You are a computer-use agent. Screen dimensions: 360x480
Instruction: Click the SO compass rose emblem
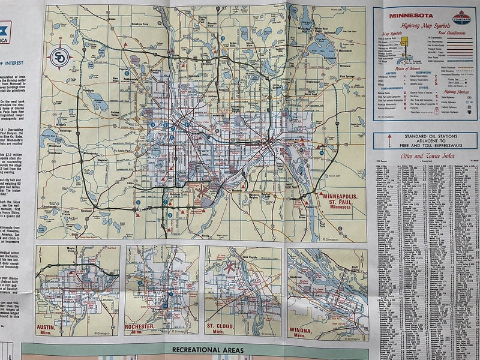(60, 57)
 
